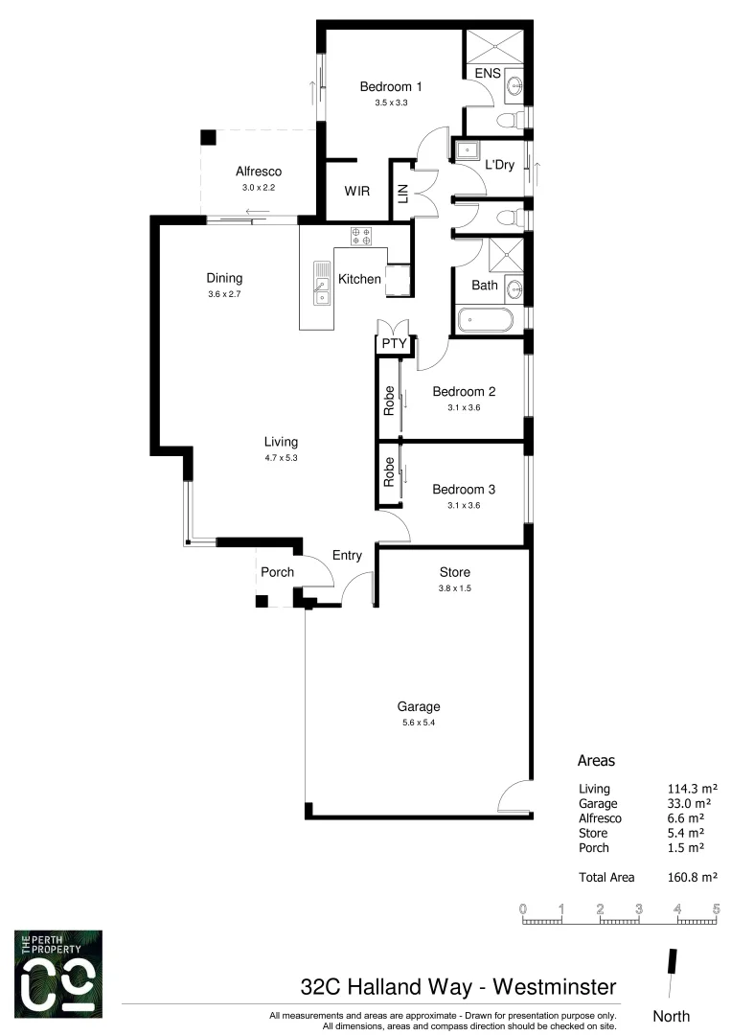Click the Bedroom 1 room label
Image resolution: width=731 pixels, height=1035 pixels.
[x=391, y=86]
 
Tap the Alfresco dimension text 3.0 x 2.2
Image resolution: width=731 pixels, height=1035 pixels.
[x=257, y=189]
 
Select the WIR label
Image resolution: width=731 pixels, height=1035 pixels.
[x=357, y=191]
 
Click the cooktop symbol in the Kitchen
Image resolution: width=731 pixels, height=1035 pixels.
[x=362, y=236]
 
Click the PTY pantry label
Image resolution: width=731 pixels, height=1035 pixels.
[x=393, y=343]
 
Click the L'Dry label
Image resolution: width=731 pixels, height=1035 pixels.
[x=499, y=165]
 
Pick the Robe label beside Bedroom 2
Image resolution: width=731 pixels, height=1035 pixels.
[x=389, y=398]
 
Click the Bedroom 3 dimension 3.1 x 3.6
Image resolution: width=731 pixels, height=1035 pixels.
[x=463, y=505]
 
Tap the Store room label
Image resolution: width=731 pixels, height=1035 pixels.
[x=452, y=572]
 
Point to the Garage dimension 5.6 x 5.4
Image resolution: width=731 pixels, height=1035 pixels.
[x=419, y=723]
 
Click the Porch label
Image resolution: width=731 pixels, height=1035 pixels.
[x=277, y=572]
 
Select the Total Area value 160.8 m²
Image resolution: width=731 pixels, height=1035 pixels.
[x=692, y=876]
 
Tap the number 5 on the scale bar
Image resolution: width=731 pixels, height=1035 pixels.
[x=716, y=908]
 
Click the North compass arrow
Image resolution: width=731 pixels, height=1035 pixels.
[x=672, y=963]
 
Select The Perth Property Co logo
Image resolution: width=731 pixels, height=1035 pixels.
[x=57, y=973]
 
